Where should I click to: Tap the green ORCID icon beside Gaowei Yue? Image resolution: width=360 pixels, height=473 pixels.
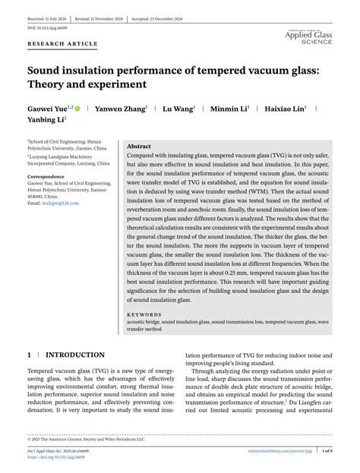click(78, 109)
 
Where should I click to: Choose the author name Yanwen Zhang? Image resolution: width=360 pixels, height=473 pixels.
click(118, 108)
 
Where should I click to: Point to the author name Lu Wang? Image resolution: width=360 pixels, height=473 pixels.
click(176, 108)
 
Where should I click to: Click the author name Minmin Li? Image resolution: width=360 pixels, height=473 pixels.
click(228, 108)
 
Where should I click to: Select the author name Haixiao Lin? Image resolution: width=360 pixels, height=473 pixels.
click(284, 108)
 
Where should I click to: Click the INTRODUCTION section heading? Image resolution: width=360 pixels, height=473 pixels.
click(75, 355)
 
